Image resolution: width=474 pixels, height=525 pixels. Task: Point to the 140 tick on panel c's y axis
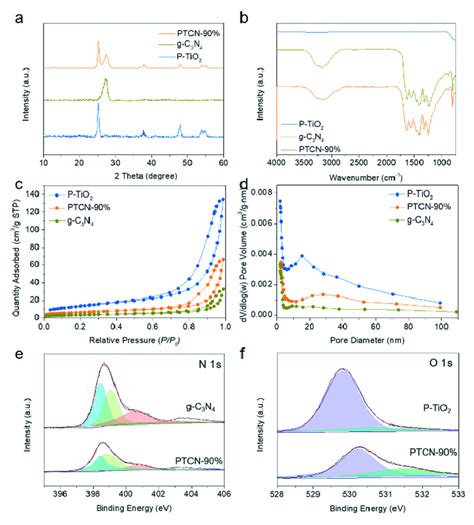(x=33, y=198)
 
